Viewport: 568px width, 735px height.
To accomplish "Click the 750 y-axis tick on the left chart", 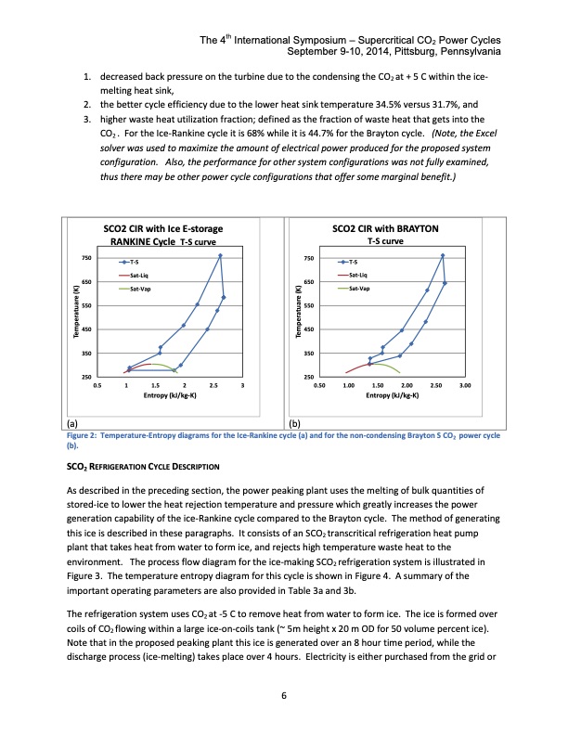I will point(84,257).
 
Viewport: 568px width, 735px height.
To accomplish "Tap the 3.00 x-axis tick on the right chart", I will point(465,384).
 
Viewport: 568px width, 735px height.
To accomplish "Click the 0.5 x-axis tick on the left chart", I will point(97,384).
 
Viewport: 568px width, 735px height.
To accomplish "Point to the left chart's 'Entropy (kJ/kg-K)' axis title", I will point(170,394).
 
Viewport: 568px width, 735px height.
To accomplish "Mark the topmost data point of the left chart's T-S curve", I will point(220,255).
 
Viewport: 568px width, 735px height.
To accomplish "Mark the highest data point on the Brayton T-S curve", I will point(442,255).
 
